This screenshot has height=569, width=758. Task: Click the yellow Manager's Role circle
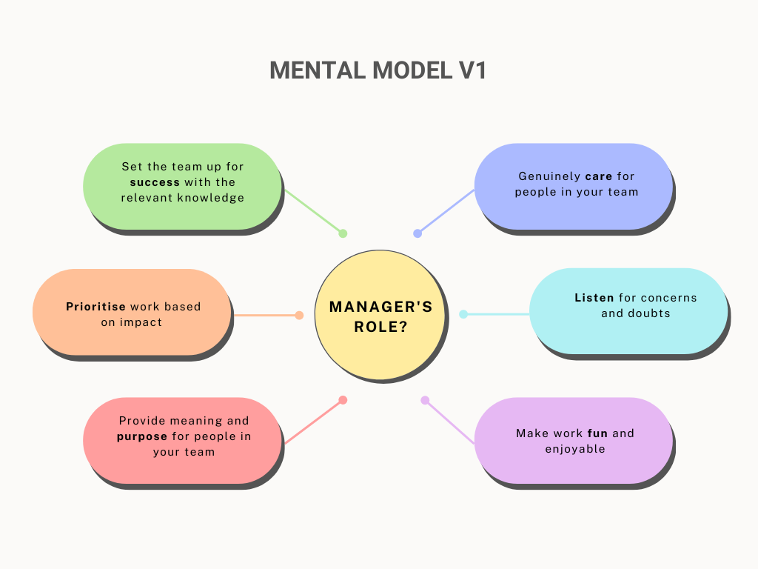[380, 315]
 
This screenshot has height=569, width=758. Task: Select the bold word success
[155, 182]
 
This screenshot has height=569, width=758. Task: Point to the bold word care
[598, 176]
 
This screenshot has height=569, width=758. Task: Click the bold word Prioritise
[95, 306]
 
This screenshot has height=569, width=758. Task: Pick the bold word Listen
[594, 298]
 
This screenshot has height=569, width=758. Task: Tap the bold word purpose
[142, 436]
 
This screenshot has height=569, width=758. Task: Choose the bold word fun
[597, 433]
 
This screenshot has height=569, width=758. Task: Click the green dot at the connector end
[343, 233]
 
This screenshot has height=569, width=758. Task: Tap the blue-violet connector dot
[417, 233]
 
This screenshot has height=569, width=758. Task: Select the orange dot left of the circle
[299, 316]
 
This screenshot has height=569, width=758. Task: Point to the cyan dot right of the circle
[463, 314]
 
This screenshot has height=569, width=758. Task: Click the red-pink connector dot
[343, 400]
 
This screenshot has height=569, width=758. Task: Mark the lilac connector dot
[425, 400]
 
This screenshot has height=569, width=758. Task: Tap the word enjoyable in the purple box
[575, 449]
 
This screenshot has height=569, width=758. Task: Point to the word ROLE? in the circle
[381, 327]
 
